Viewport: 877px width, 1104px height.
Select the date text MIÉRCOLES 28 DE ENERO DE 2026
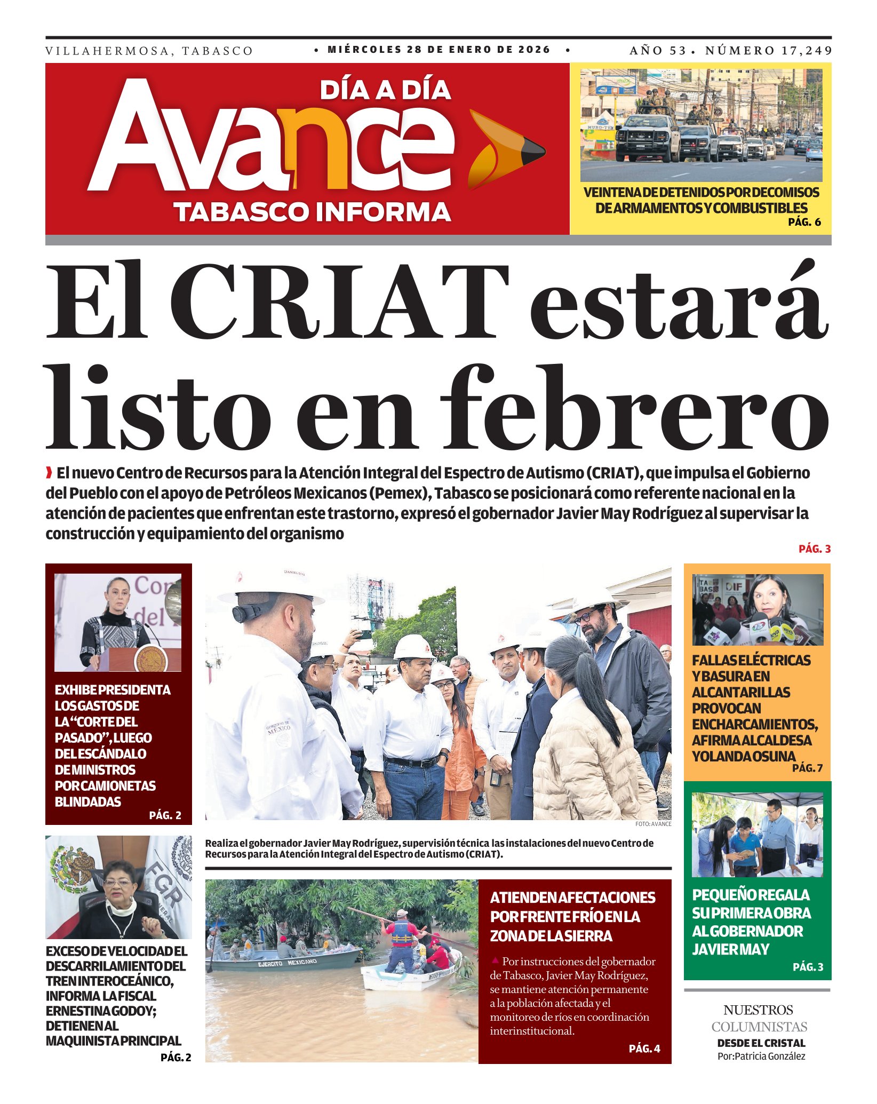click(439, 50)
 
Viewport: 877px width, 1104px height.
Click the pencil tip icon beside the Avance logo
click(507, 149)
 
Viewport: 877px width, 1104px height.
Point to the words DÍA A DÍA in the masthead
click(385, 90)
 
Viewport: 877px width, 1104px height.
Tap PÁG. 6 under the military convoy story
click(804, 222)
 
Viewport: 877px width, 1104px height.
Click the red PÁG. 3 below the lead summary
click(815, 549)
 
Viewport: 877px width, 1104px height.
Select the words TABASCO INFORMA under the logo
click(313, 212)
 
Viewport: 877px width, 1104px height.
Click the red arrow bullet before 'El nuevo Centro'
click(49, 473)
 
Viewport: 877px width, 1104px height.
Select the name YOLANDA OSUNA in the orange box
click(744, 756)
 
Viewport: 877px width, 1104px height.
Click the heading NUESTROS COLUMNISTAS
click(759, 1018)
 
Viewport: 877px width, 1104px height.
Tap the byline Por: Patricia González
click(761, 1056)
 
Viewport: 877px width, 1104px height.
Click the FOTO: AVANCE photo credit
click(653, 824)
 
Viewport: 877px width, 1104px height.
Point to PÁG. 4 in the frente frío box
click(644, 1049)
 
